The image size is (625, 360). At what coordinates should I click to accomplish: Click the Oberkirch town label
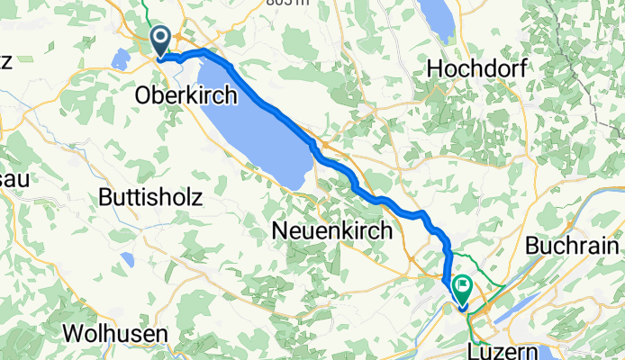[186, 94]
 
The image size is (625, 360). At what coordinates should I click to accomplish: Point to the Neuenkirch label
[331, 231]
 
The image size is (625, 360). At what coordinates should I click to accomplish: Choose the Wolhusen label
[115, 333]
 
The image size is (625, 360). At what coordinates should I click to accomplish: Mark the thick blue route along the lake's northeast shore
[270, 106]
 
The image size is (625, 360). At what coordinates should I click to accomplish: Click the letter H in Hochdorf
[435, 67]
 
